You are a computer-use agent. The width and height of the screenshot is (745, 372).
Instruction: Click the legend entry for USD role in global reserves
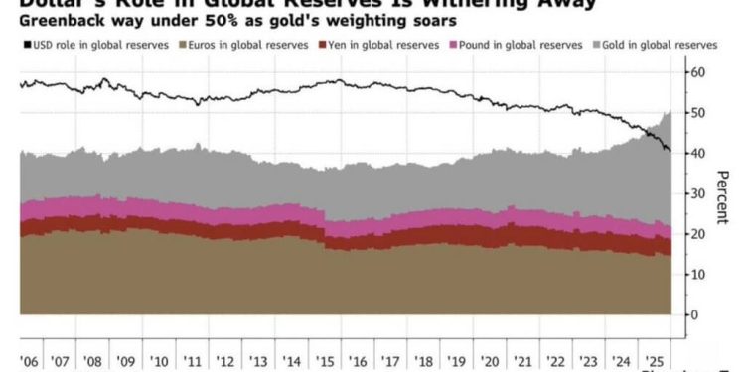[x=81, y=45]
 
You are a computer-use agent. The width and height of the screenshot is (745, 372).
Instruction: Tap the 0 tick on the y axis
[x=694, y=314]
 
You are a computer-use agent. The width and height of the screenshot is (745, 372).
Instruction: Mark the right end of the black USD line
[x=670, y=151]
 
